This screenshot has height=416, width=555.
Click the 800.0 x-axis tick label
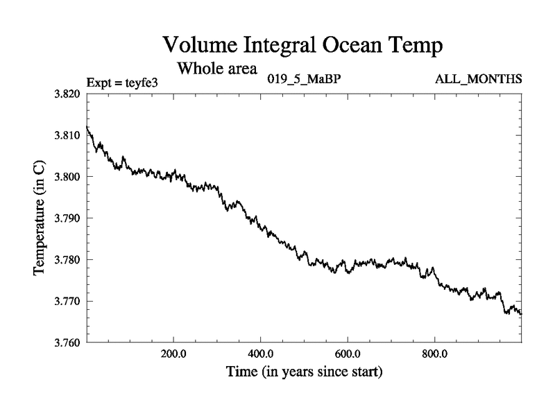(434, 352)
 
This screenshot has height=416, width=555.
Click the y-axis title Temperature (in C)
(40, 218)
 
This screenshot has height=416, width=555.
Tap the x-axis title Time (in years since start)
(304, 372)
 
